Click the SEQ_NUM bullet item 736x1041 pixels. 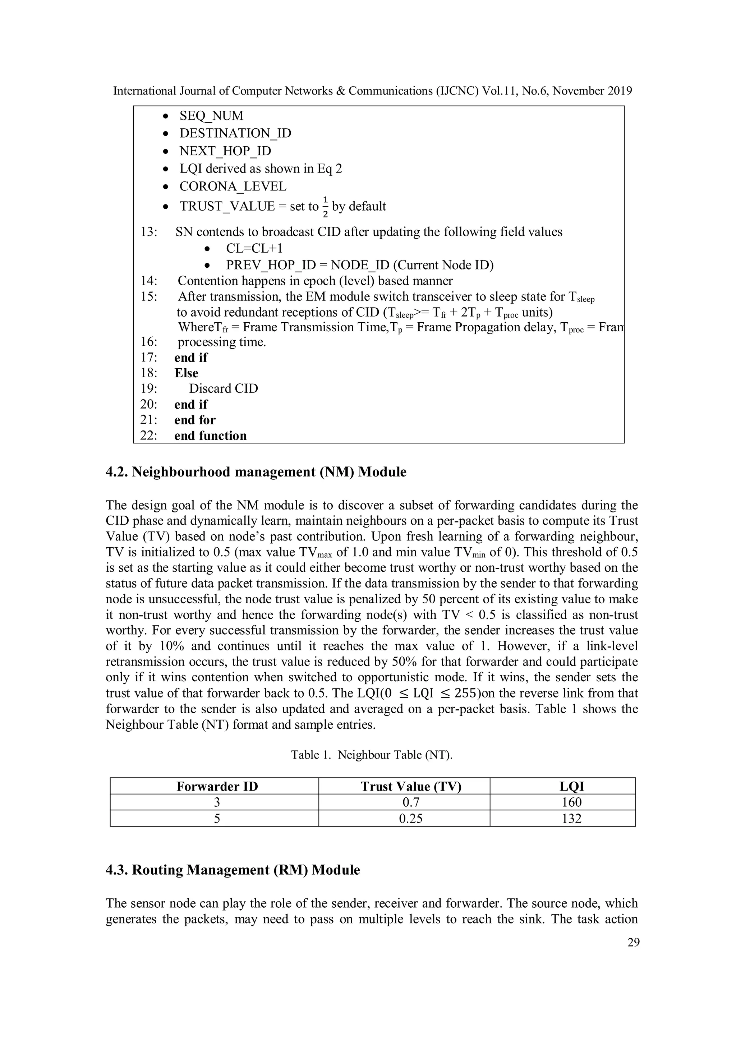click(x=211, y=116)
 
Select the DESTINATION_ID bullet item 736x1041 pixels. click(x=235, y=133)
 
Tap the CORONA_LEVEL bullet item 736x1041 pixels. click(x=233, y=186)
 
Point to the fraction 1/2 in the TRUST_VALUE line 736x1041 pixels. click(x=325, y=206)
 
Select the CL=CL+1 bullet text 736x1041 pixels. click(x=254, y=248)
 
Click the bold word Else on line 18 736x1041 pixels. click(x=187, y=373)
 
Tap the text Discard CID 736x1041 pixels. click(x=223, y=388)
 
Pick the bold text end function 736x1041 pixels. click(x=211, y=436)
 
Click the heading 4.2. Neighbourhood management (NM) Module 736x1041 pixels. click(x=256, y=472)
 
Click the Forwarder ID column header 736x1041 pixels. click(x=217, y=786)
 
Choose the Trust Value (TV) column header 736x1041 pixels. click(x=410, y=786)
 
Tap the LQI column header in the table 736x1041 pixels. click(x=571, y=786)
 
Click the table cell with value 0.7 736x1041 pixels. click(x=410, y=802)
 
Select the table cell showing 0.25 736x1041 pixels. click(x=410, y=818)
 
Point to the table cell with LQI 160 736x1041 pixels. click(x=571, y=802)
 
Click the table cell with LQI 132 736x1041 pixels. click(x=571, y=818)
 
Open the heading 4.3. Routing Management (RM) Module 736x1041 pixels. click(x=233, y=870)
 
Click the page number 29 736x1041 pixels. click(x=633, y=943)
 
